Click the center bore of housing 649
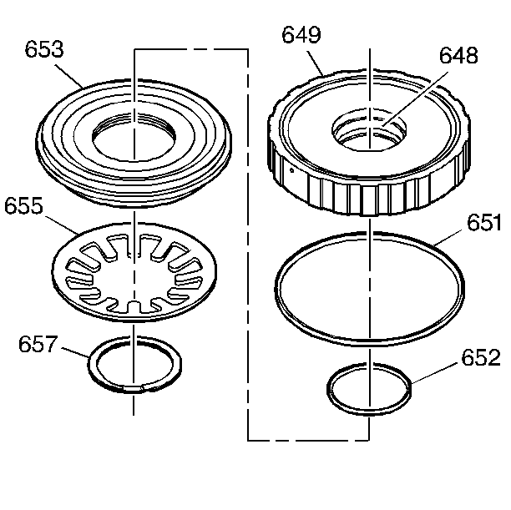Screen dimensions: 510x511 (368, 131)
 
